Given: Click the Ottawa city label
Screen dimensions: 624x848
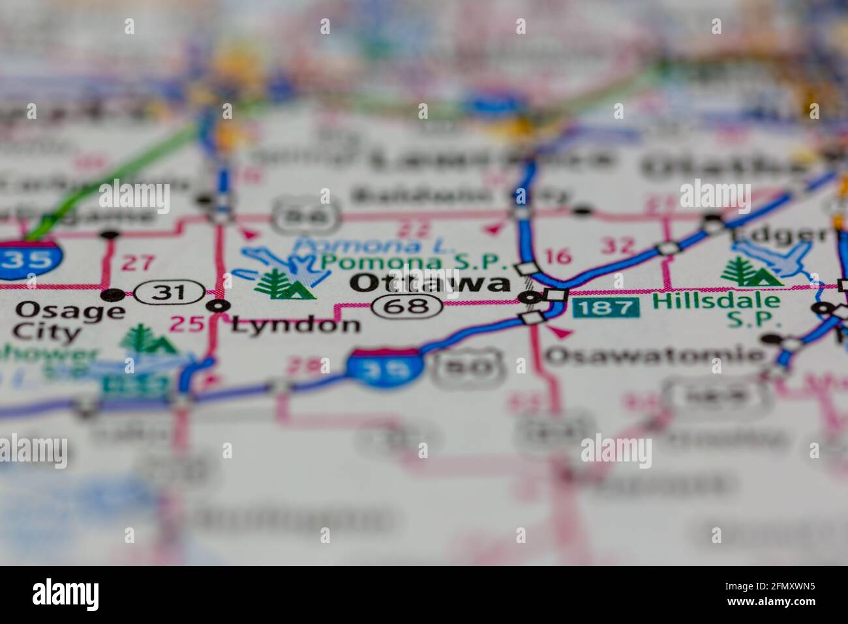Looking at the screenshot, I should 431,283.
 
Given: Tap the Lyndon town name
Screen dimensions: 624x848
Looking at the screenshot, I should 295,324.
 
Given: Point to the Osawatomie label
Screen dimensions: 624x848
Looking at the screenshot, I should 654,355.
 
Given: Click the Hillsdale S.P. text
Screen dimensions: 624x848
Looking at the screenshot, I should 717,309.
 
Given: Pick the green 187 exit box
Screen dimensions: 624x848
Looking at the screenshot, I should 606,307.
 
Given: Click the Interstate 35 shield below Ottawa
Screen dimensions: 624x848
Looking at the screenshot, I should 383,367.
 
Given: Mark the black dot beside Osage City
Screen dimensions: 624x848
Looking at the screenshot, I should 115,294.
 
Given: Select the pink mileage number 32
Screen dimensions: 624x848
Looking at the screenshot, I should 618,245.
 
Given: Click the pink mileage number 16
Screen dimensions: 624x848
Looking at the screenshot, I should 558,256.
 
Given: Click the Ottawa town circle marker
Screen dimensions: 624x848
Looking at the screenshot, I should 530,298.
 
